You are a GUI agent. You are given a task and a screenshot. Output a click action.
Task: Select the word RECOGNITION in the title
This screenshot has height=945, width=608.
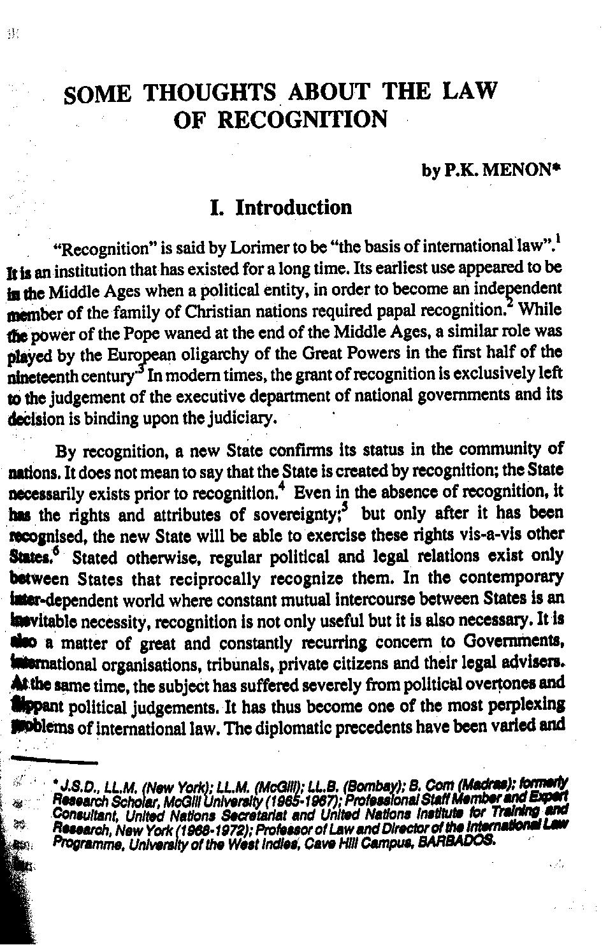(302, 119)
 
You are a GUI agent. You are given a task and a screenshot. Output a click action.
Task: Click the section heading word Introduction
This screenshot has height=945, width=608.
(293, 207)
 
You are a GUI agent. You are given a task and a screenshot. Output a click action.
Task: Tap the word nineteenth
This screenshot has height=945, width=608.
(38, 374)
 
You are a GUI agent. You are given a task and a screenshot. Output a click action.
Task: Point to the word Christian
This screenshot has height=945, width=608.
(230, 310)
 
